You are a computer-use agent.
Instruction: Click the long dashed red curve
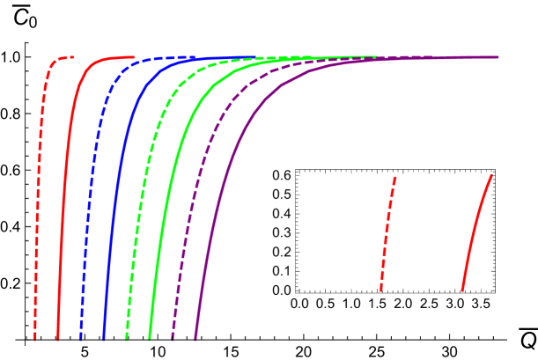point(38,176)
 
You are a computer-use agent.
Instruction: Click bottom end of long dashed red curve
point(35,339)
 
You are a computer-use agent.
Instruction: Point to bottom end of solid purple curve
point(195,339)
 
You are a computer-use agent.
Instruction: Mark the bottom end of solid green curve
point(150,339)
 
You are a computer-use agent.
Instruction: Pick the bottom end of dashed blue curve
point(81,339)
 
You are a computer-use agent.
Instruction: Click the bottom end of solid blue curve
point(104,339)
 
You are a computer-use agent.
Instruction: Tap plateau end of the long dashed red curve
point(74,57)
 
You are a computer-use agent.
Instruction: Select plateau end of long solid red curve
point(134,57)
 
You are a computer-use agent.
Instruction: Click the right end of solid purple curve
point(498,57)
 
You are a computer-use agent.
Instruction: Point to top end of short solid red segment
point(491,175)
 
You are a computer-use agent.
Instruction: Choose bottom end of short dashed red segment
point(380,290)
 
